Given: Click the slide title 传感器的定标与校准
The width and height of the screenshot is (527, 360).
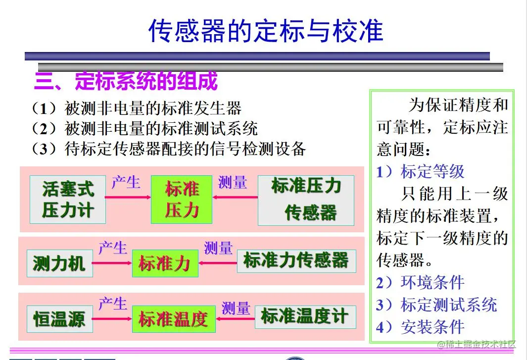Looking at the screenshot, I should pos(266,31).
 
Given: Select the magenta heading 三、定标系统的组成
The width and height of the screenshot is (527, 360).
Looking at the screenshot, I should pos(126,81).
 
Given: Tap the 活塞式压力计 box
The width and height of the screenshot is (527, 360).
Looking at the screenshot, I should pos(68,200).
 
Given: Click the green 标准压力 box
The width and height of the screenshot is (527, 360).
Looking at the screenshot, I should pos(182,200).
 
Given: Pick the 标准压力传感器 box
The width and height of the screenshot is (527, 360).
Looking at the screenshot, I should pos(306,200).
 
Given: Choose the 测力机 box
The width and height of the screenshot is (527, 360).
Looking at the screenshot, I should pos(59,263).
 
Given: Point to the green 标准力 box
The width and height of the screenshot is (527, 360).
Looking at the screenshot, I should pos(165,263).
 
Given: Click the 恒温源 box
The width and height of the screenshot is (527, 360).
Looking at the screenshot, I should pos(59,319).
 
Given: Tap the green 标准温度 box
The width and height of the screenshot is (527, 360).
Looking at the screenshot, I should pos(173,319).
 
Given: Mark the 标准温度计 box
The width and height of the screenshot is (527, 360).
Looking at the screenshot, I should pos(305,317).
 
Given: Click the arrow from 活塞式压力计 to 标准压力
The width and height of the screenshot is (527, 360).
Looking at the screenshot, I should pos(128,198).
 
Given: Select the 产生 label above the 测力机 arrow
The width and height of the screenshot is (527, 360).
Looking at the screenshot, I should pos(113,248).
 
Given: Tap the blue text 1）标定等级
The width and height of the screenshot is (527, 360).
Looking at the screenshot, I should pos(421,171).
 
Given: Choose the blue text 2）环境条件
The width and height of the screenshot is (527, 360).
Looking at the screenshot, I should pos(421,282).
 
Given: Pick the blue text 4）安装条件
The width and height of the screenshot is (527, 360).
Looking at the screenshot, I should pos(421,327).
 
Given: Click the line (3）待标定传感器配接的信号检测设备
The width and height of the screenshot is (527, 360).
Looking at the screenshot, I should pos(168,149).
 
